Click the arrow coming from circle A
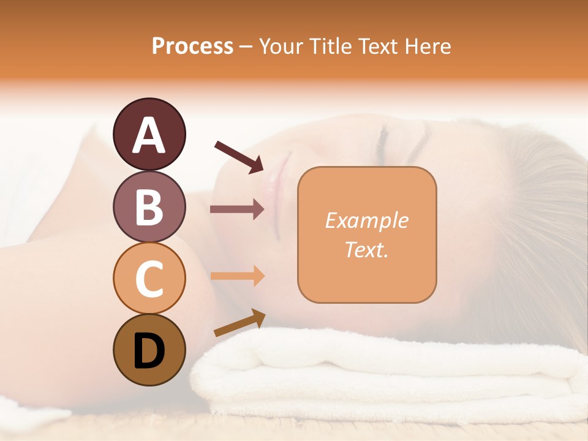[x=239, y=156]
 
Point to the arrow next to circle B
[x=237, y=209]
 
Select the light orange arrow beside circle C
[x=237, y=276]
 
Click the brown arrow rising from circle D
[x=239, y=323]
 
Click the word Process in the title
[x=192, y=46]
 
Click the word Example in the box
[x=366, y=221]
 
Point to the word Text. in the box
[x=366, y=249]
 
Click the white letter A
[x=149, y=136]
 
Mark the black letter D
[x=149, y=352]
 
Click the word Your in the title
[x=282, y=46]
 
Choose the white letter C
[x=149, y=279]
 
